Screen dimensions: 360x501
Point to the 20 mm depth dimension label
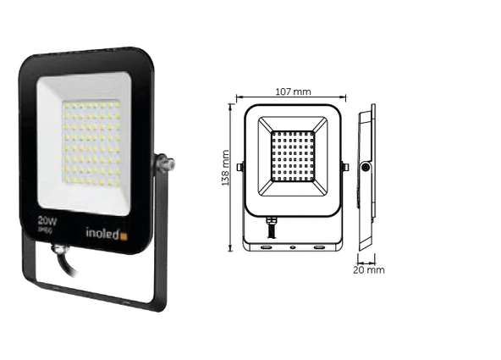(x=370, y=270)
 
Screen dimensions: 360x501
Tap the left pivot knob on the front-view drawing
(x=239, y=167)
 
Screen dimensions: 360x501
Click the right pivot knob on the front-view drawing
(x=344, y=167)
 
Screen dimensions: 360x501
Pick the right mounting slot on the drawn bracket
(x=320, y=247)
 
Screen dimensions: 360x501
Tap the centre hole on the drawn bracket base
(x=292, y=247)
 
